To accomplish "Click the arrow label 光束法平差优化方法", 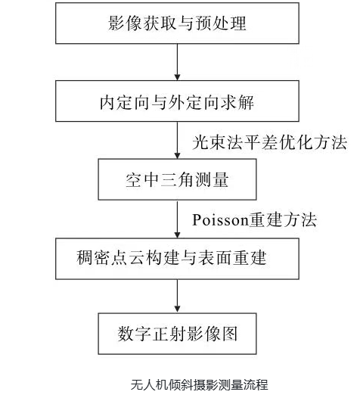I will click(269, 141).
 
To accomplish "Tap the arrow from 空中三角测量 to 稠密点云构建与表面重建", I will click(178, 219).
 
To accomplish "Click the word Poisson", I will click(217, 219).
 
